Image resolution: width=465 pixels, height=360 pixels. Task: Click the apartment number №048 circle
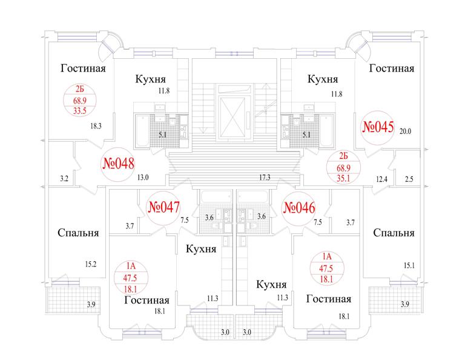[x=117, y=164]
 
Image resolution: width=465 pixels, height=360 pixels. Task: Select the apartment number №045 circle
[x=378, y=128]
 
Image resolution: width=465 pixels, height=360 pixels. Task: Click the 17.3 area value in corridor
[x=263, y=178]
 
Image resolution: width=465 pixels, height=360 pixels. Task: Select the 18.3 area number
[x=95, y=127]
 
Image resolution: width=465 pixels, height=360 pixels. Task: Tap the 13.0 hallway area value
[x=143, y=178]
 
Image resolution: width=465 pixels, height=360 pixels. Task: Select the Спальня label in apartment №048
[x=79, y=233]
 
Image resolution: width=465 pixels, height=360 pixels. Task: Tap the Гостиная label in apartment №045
[x=392, y=68]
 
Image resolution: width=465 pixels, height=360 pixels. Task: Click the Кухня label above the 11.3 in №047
[x=202, y=249]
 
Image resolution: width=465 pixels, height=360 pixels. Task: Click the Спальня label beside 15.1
[x=394, y=233]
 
